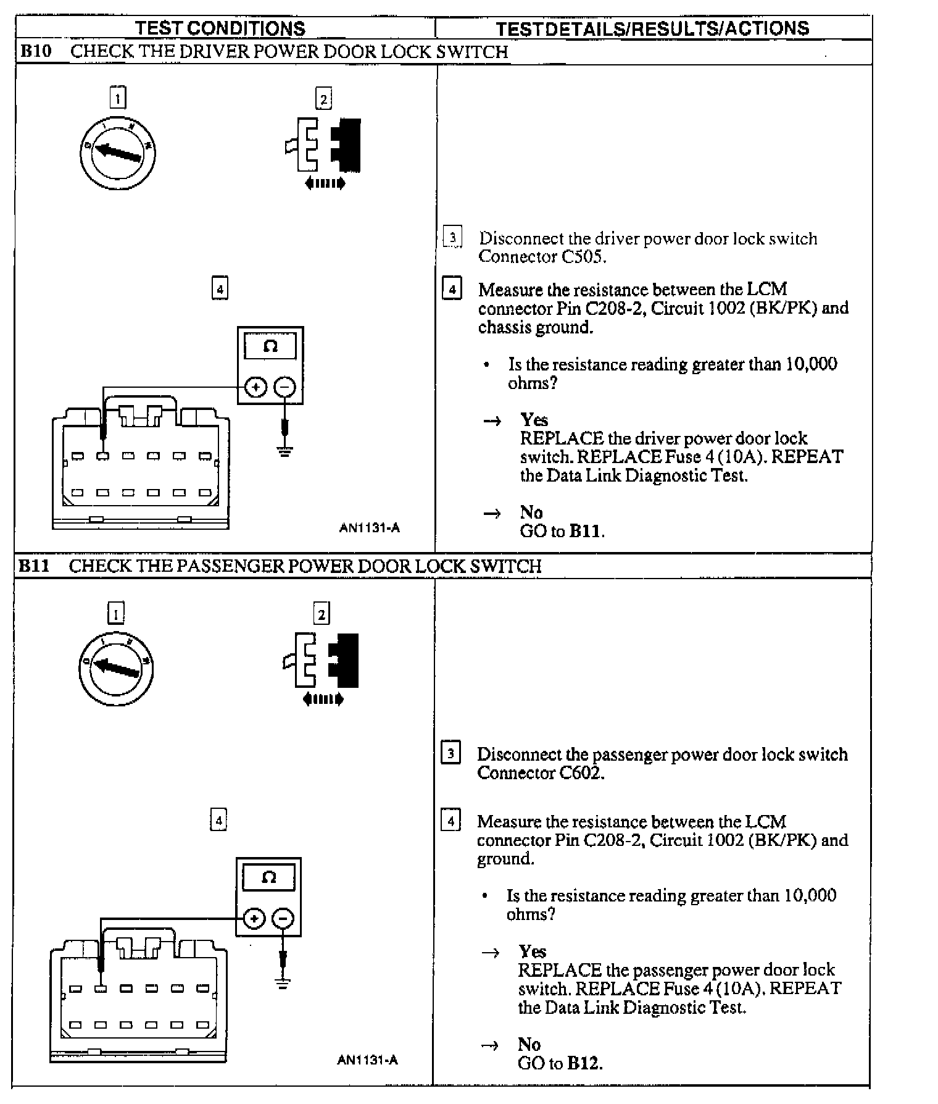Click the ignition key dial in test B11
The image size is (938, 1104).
(116, 668)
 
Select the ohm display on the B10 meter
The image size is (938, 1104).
(270, 346)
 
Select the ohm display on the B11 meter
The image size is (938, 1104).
(268, 877)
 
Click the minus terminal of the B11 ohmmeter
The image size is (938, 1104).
(283, 919)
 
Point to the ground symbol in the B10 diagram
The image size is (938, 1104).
(284, 453)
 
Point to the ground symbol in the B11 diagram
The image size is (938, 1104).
(283, 984)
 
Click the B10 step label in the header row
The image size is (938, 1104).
(35, 51)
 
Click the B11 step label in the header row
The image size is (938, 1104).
(34, 566)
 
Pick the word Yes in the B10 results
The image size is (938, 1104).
(534, 420)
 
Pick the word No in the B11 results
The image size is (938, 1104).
(529, 1044)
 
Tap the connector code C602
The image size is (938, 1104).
(581, 772)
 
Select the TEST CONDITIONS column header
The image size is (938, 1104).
(220, 28)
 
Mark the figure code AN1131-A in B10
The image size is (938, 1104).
(369, 528)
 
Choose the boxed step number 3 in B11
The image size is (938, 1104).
(451, 754)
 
